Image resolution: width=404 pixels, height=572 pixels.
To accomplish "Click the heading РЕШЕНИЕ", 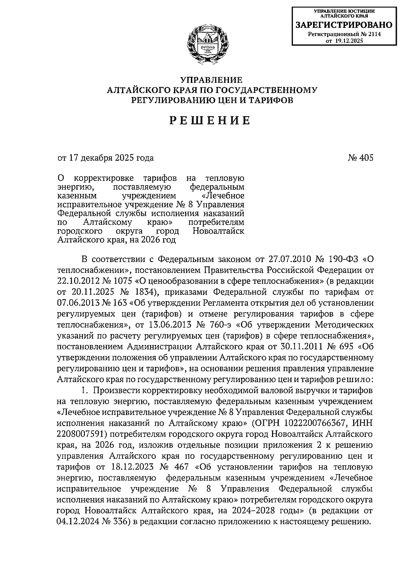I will [210, 120].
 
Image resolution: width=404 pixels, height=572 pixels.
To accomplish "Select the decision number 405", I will [366, 158].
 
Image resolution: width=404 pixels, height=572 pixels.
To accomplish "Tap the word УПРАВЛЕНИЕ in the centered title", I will [211, 80].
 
